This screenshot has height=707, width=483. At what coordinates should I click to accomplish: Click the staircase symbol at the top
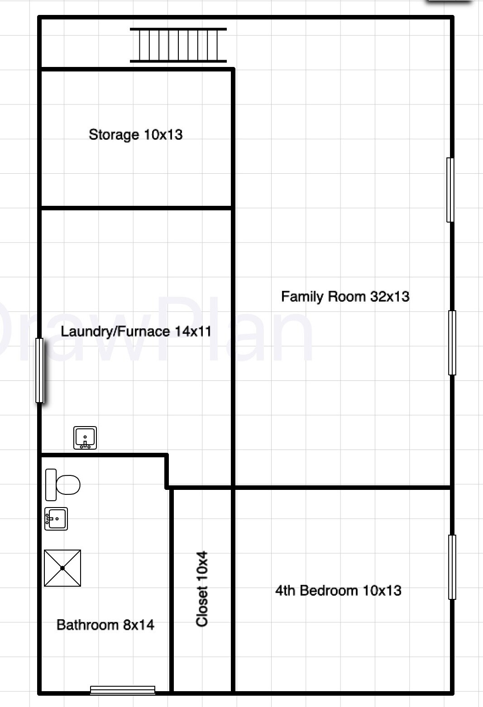click(x=178, y=45)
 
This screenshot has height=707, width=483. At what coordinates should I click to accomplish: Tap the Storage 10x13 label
click(x=135, y=134)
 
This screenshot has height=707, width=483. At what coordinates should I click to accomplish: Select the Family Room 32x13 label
click(x=345, y=296)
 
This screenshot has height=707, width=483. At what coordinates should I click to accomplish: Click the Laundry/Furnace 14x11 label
click(x=136, y=331)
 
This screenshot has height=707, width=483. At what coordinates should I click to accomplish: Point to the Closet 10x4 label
click(x=202, y=588)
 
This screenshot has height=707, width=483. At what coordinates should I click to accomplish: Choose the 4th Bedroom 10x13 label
click(x=338, y=590)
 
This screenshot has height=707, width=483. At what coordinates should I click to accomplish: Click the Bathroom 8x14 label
click(x=105, y=625)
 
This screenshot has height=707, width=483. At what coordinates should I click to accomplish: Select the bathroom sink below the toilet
click(x=56, y=518)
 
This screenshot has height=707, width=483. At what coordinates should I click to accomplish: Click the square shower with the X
click(x=62, y=568)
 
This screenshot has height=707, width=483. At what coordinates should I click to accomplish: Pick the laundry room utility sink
click(x=85, y=438)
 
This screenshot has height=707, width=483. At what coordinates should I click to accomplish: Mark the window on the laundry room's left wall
click(x=40, y=370)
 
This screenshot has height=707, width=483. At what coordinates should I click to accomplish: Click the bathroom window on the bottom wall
click(x=123, y=690)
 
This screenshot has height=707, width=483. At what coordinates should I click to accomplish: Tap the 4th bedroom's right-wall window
click(x=452, y=567)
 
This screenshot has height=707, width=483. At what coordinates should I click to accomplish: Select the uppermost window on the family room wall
click(x=450, y=190)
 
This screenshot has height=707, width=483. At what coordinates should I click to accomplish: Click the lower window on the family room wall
click(x=452, y=342)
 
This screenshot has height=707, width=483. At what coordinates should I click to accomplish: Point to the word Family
click(x=301, y=296)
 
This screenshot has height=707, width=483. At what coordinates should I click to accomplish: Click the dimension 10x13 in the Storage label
click(x=163, y=134)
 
